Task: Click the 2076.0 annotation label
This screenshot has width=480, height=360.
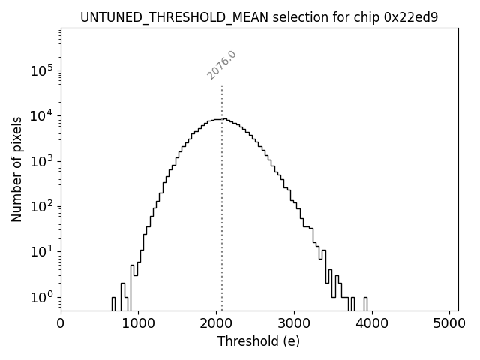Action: [x=221, y=65]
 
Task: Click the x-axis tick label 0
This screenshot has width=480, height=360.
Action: [x=61, y=324]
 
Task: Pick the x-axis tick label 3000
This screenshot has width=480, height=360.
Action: [x=294, y=324]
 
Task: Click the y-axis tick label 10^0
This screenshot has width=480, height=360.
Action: [x=41, y=297]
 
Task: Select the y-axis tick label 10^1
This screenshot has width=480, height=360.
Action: [x=41, y=252]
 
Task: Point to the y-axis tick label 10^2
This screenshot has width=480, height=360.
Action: [x=41, y=206]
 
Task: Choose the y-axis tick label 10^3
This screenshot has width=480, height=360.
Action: [x=41, y=161]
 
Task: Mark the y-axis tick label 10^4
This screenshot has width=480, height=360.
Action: [x=41, y=115]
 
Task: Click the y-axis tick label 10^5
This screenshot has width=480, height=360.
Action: [x=41, y=70]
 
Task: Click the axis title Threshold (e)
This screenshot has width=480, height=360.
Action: [x=259, y=341]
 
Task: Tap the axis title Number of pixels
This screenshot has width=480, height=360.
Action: [x=16, y=169]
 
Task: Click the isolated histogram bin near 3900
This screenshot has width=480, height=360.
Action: [x=365, y=303]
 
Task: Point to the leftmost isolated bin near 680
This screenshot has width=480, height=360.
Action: [x=113, y=303]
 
